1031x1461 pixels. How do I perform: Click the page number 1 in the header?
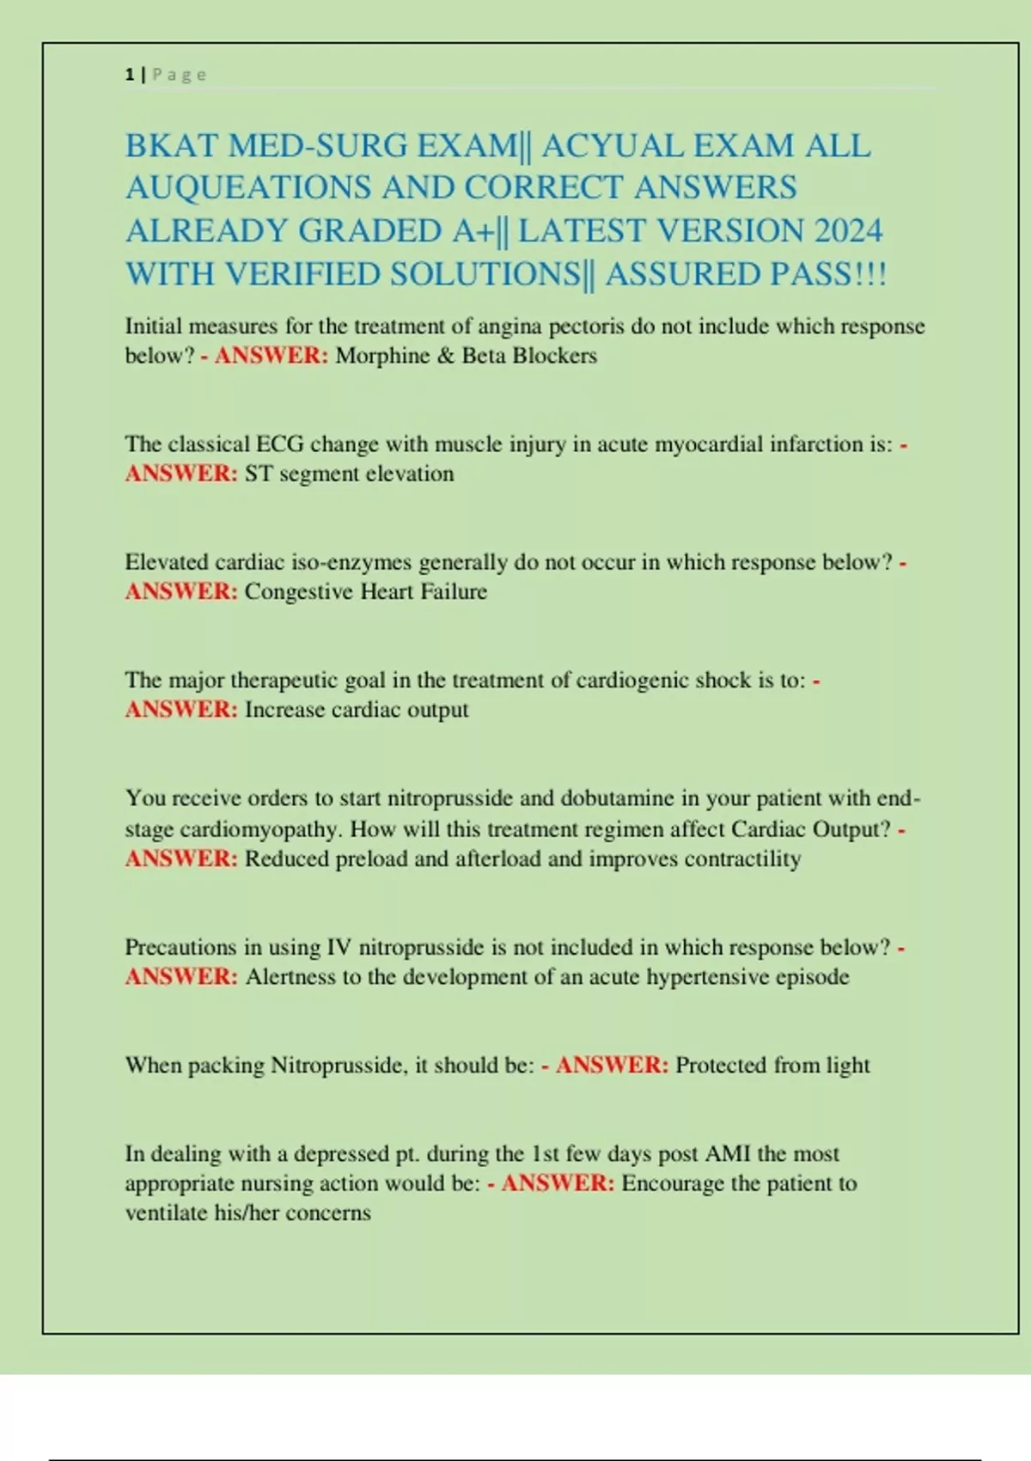click(129, 75)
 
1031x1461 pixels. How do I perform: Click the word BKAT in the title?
click(171, 146)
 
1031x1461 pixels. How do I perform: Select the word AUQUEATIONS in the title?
click(248, 188)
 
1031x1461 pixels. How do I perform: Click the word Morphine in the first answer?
click(381, 356)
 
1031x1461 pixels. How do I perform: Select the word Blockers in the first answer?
click(554, 356)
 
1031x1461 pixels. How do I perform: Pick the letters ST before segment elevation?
click(259, 474)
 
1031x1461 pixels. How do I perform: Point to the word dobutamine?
click(617, 798)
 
